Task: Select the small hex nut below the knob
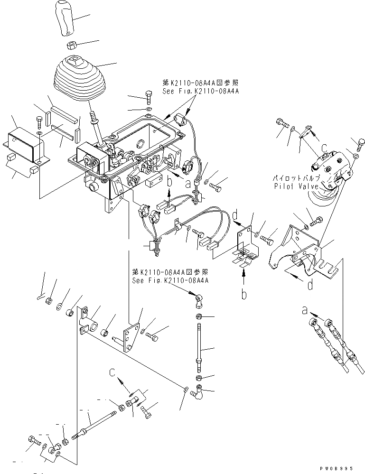(70, 45)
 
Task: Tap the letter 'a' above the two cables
(305, 311)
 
